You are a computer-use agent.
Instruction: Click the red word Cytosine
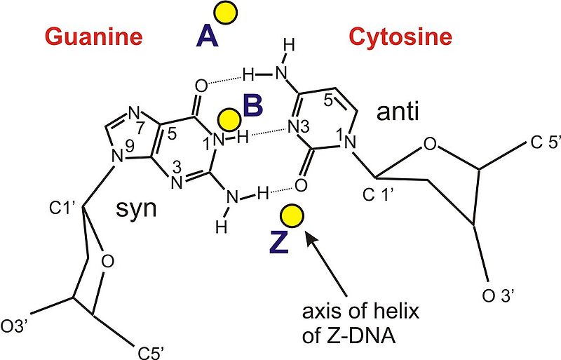pos(400,36)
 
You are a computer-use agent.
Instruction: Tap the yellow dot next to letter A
pos(226,13)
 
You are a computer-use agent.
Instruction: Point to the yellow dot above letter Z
pos(292,216)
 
